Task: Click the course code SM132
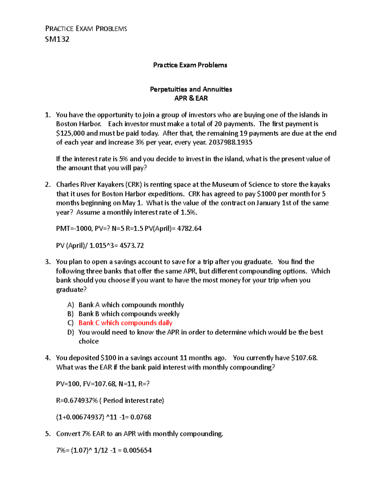(x=57, y=39)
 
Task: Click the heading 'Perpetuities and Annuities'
(x=191, y=89)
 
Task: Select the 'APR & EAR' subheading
(x=191, y=98)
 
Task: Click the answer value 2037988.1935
(x=230, y=143)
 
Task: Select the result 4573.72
(x=131, y=246)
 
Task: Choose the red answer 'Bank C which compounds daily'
(x=125, y=323)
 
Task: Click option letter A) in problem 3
(x=71, y=305)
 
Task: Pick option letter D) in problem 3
(x=71, y=332)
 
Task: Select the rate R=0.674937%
(x=77, y=400)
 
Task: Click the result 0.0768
(x=141, y=417)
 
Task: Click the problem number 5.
(x=47, y=434)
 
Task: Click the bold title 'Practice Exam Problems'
(x=190, y=65)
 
